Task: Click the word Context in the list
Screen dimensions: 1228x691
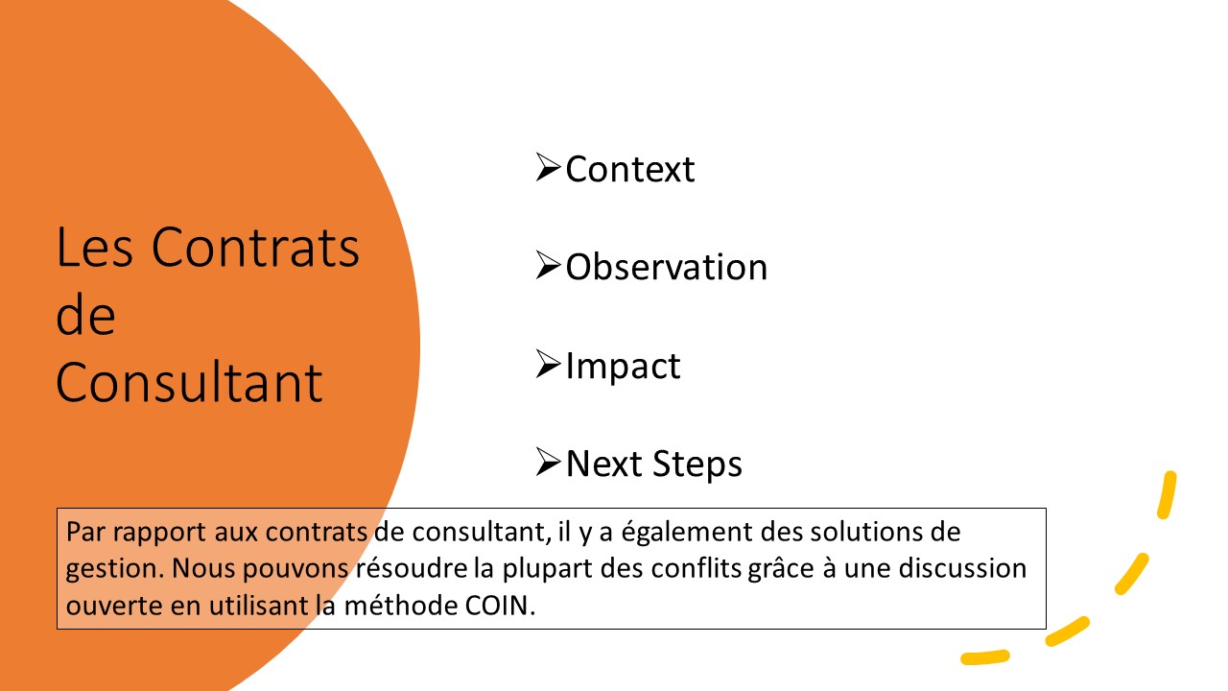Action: point(630,169)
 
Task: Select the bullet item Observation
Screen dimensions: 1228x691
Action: point(666,267)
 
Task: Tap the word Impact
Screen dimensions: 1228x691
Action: point(623,367)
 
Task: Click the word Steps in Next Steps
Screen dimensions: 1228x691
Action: point(697,464)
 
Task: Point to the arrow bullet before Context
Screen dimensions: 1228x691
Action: point(548,167)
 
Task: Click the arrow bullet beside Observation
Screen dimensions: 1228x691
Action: point(548,266)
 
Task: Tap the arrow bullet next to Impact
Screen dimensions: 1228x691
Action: point(548,364)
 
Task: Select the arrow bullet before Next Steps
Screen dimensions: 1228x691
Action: point(548,462)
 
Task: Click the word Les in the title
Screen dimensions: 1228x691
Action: point(94,248)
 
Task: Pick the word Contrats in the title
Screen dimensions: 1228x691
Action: point(255,248)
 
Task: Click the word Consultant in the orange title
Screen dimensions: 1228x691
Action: point(189,382)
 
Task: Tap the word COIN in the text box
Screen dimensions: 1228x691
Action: point(500,606)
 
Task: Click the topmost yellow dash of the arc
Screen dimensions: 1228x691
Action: point(1167,494)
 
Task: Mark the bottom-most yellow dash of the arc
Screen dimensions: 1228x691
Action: point(985,657)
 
